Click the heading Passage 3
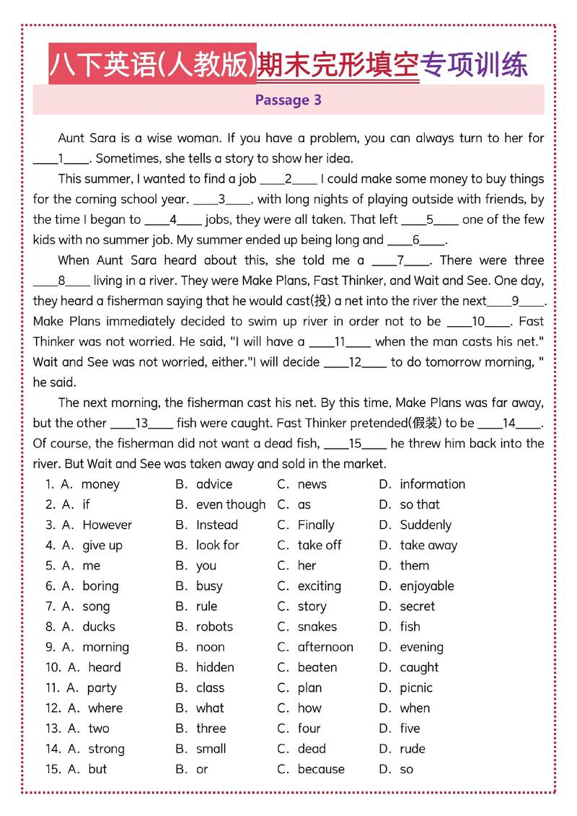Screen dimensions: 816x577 coord(288,100)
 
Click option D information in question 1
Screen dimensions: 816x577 coord(432,484)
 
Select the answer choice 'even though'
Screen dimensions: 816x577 coord(231,504)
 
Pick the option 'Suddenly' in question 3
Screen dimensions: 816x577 coord(426,525)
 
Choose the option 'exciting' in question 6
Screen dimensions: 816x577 coord(320,586)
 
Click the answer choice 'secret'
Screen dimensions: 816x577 coord(418,606)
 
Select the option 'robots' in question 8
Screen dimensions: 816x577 coord(214,626)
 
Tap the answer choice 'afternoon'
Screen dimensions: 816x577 coord(325,647)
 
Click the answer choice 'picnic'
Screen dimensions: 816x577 coord(416,688)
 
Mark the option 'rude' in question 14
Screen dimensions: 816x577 coord(413,749)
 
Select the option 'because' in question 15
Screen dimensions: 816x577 coord(321,769)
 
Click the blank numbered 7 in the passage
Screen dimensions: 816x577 coord(400,260)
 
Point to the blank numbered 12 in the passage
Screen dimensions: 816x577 coord(355,363)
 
